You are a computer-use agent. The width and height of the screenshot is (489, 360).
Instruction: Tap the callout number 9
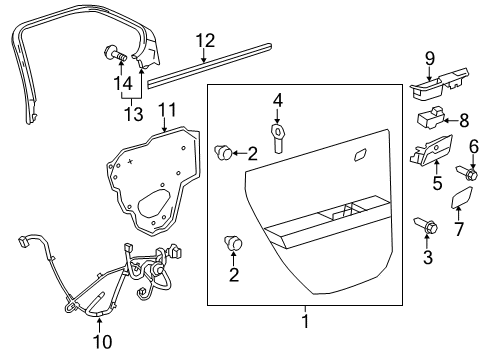pos(430,58)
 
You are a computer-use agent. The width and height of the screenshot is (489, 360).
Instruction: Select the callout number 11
pos(167,109)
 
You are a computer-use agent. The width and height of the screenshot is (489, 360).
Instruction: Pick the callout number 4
pos(279,99)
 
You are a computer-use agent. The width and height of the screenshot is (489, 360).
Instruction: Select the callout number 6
pos(473,146)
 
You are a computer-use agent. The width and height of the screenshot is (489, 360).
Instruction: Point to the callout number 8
pos(463,120)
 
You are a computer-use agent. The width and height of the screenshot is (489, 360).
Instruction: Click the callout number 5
pos(436,183)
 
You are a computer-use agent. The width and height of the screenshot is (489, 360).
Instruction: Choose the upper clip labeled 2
pos(225,152)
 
